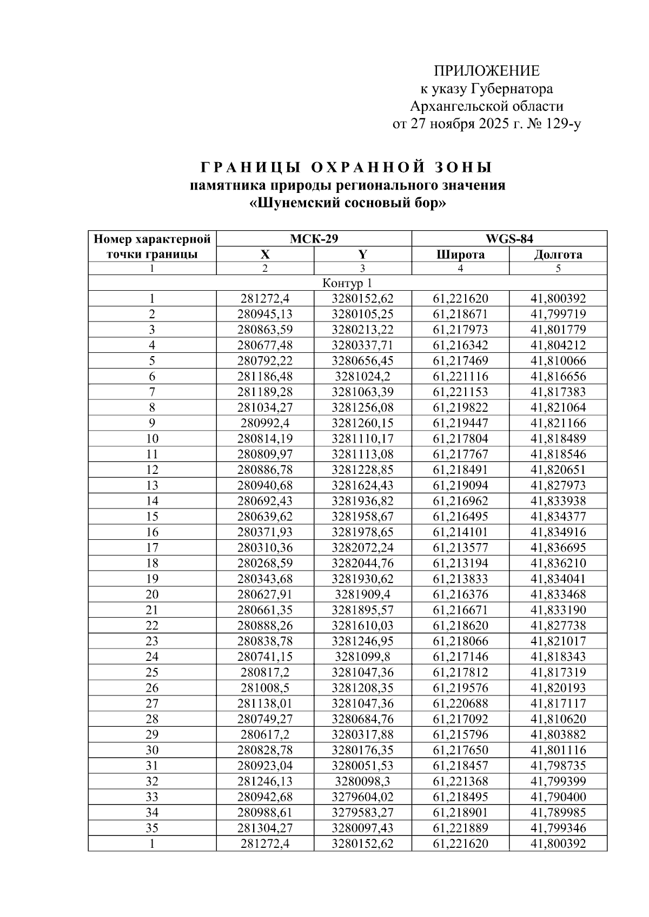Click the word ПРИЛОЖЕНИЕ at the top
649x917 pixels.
(x=487, y=71)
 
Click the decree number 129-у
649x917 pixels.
(x=562, y=124)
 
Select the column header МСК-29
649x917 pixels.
(x=314, y=239)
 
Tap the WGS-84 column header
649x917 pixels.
(x=509, y=239)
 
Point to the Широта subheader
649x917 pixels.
(x=460, y=255)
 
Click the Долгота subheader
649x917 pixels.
(x=558, y=255)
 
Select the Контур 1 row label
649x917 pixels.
(x=347, y=283)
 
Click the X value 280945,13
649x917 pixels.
(x=265, y=314)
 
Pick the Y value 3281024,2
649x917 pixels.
(x=362, y=377)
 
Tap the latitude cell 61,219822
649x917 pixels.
(x=460, y=407)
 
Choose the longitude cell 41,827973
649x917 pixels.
(x=558, y=485)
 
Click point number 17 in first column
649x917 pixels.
(x=152, y=548)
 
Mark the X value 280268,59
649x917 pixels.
(x=265, y=563)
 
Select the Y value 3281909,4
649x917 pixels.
(x=362, y=594)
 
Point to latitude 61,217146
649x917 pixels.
(x=460, y=657)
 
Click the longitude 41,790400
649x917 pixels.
(x=558, y=797)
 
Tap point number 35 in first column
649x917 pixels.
(x=152, y=828)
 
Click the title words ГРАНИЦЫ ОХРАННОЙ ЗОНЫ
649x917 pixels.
(x=347, y=166)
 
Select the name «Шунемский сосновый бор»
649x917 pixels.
(x=347, y=204)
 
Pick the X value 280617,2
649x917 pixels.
(x=265, y=735)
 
